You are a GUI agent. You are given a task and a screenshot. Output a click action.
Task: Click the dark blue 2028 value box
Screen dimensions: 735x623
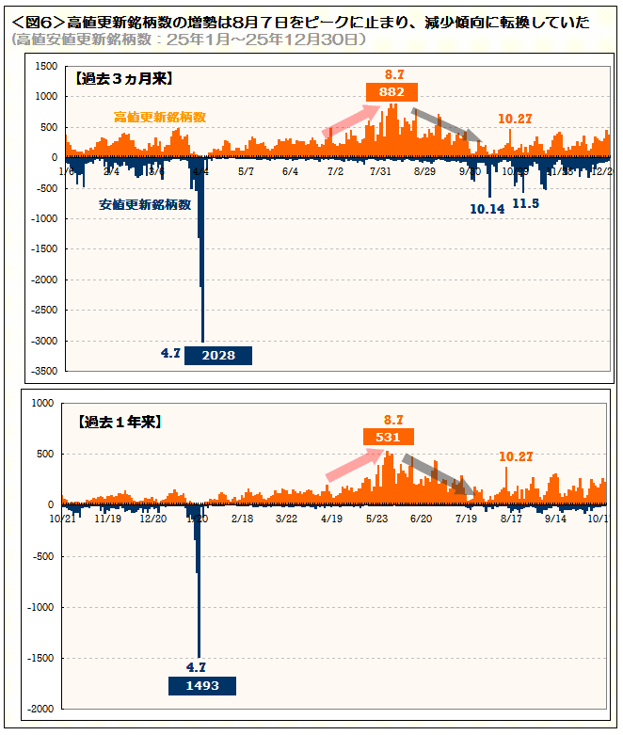pyautogui.click(x=217, y=355)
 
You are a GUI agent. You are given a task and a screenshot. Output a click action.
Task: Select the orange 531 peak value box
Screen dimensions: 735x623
pyautogui.click(x=389, y=437)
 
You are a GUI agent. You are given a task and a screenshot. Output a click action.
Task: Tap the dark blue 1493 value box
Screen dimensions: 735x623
pyautogui.click(x=201, y=685)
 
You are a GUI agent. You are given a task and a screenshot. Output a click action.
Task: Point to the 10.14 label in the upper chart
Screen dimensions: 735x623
pyautogui.click(x=487, y=208)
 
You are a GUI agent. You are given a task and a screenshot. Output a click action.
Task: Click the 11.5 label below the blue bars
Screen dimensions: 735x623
pyautogui.click(x=526, y=202)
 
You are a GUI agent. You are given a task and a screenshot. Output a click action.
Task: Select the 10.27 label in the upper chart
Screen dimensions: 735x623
pyautogui.click(x=516, y=119)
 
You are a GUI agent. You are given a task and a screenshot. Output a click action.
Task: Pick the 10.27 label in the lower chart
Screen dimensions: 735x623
pyautogui.click(x=516, y=456)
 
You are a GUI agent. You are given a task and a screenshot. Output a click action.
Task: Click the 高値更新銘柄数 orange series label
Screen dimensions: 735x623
pyautogui.click(x=160, y=117)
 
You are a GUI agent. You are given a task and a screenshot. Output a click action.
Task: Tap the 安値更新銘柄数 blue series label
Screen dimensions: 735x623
pyautogui.click(x=145, y=203)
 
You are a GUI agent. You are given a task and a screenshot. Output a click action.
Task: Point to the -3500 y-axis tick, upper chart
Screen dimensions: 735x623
pyautogui.click(x=43, y=372)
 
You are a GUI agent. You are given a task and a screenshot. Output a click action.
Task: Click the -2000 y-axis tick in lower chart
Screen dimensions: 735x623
pyautogui.click(x=41, y=710)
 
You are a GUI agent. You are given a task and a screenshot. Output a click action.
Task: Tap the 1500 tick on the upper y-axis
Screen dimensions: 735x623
pyautogui.click(x=45, y=67)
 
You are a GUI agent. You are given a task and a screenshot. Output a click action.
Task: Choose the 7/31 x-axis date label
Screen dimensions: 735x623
pyautogui.click(x=381, y=171)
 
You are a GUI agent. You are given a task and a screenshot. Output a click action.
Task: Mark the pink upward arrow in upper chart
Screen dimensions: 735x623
pyautogui.click(x=352, y=120)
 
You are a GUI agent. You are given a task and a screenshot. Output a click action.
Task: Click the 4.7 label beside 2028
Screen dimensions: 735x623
pyautogui.click(x=170, y=353)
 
